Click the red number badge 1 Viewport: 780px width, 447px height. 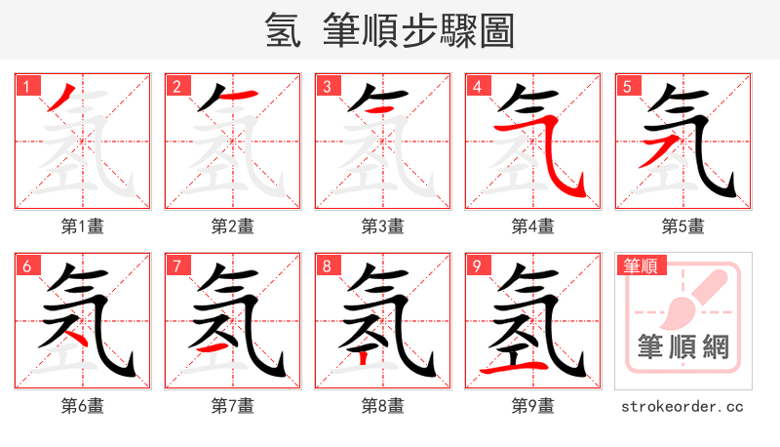26,86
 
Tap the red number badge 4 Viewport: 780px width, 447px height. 477,86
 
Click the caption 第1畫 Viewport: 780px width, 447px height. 83,226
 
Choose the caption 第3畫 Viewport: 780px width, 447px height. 383,226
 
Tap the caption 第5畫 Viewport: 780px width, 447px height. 682,226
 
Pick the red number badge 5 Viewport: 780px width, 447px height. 627,86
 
